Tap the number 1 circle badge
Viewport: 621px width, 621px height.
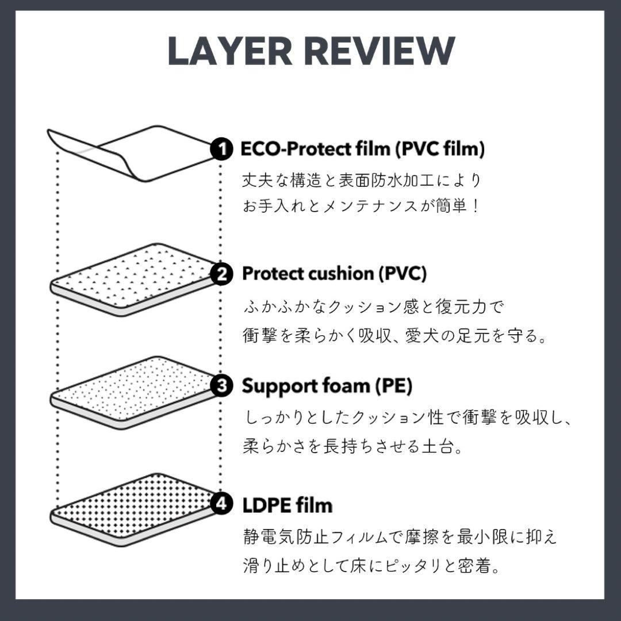coord(220,149)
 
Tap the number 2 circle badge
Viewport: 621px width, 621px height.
coord(220,274)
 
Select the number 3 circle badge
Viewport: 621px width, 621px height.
coord(220,386)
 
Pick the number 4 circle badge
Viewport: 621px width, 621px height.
coord(220,505)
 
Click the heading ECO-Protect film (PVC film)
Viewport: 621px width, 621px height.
coord(363,149)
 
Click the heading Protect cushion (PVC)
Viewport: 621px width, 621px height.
coord(334,274)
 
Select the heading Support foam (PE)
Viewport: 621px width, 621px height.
coord(327,386)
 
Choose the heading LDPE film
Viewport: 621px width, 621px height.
coord(287,505)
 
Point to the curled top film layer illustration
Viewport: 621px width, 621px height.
coord(132,152)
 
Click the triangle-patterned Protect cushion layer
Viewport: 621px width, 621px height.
coord(132,279)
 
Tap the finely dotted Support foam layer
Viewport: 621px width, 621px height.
coord(132,391)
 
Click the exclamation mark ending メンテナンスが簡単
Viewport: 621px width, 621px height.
coord(474,206)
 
